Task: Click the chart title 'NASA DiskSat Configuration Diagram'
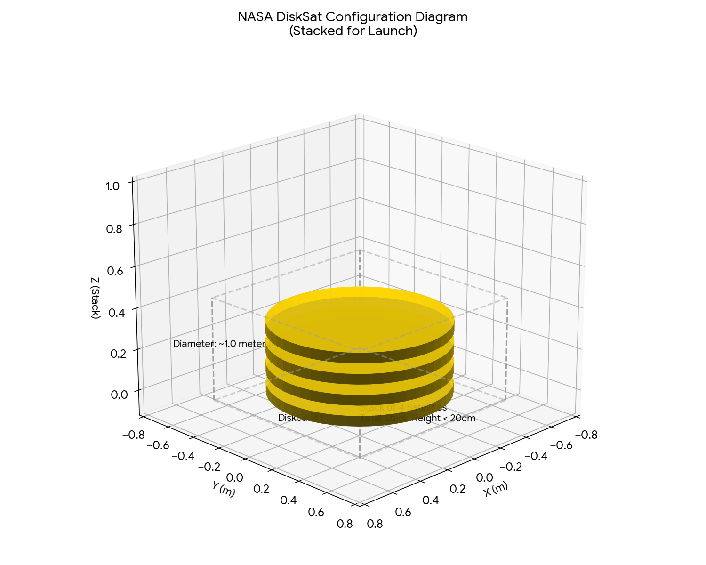tap(353, 17)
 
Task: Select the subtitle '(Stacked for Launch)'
tap(353, 32)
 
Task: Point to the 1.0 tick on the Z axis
tap(113, 186)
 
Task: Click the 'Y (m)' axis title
tap(223, 490)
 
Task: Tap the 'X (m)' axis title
tap(496, 490)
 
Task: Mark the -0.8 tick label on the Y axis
tap(133, 435)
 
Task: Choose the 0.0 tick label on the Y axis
tap(234, 478)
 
